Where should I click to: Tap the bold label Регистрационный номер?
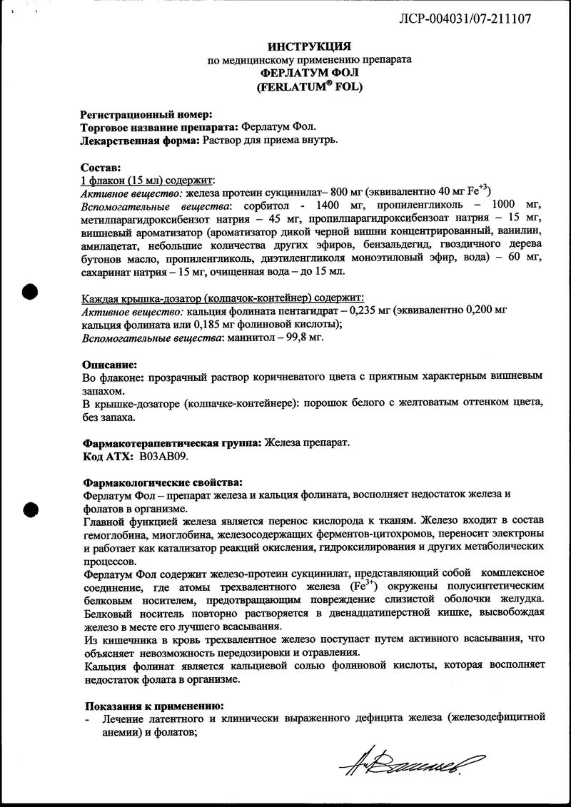pyautogui.click(x=146, y=113)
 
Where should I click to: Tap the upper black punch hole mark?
pyautogui.click(x=30, y=292)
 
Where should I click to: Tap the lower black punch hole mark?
pyautogui.click(x=30, y=509)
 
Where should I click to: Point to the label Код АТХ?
pyautogui.click(x=108, y=455)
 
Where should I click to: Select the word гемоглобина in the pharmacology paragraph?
pyautogui.click(x=116, y=534)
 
